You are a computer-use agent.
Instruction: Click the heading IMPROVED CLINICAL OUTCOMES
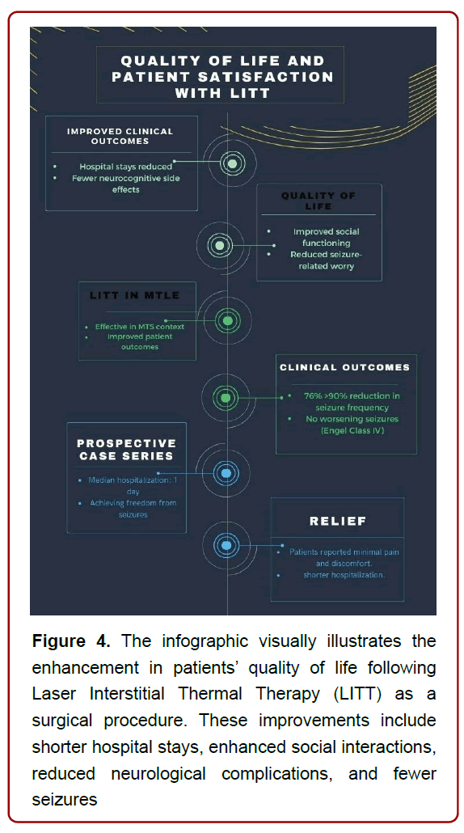pos(120,136)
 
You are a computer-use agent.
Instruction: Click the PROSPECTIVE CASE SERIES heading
pos(125,450)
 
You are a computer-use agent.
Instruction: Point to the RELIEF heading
pos(339,521)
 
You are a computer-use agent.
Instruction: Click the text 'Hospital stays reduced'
pos(125,167)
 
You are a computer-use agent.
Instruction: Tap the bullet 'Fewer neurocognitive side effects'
pos(124,184)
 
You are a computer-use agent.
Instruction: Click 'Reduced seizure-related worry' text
pos(321,260)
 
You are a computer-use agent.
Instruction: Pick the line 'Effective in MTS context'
pos(139,327)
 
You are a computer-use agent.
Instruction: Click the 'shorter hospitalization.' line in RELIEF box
pos(344,575)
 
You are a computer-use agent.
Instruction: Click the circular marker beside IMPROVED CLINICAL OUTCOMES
pos(232,164)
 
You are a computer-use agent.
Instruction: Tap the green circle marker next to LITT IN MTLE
pos(228,321)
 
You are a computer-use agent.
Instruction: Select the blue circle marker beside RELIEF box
pos(226,546)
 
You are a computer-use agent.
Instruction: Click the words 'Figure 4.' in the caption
pos(70,641)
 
